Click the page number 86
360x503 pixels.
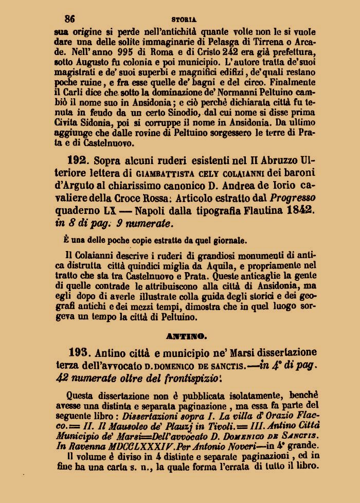(70, 19)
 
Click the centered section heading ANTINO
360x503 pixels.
(186, 337)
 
